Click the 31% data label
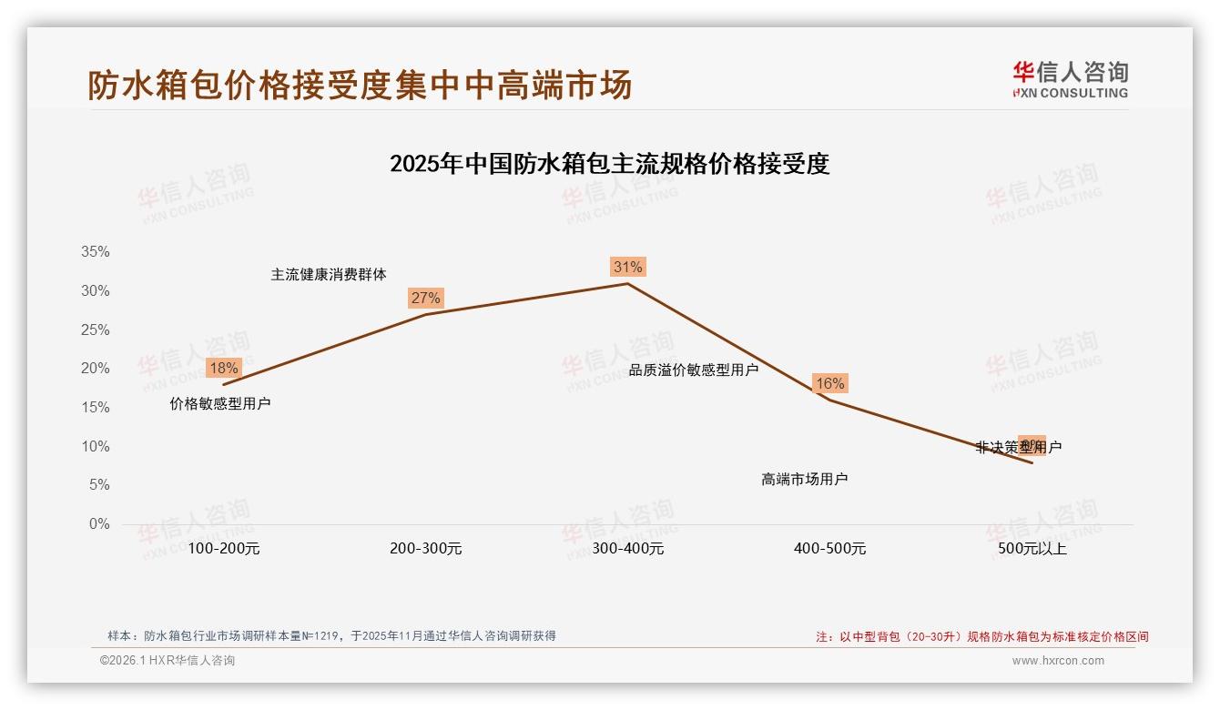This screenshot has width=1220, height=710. click(627, 267)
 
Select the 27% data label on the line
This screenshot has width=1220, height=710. click(425, 298)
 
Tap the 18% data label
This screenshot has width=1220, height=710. click(223, 368)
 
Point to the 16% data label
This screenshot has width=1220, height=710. click(829, 383)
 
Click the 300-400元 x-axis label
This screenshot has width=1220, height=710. click(627, 549)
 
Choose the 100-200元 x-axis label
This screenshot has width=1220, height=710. click(223, 549)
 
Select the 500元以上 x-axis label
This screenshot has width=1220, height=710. click(1032, 549)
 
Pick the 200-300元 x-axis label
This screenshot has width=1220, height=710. click(425, 549)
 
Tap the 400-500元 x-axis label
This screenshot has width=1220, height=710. click(829, 549)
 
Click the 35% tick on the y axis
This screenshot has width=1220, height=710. click(95, 252)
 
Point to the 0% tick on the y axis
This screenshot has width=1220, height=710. click(98, 524)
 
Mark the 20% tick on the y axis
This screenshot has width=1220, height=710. click(95, 369)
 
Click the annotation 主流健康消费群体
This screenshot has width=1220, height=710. click(329, 274)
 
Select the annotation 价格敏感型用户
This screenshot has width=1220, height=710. click(220, 403)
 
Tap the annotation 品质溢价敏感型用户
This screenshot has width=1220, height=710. click(694, 370)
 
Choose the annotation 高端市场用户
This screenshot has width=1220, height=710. click(805, 479)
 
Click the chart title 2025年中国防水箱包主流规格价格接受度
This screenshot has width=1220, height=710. click(609, 164)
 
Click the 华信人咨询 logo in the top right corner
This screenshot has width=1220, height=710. click(1070, 79)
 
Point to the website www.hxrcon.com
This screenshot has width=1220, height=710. click(1058, 661)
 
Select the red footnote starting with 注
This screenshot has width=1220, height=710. click(981, 637)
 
